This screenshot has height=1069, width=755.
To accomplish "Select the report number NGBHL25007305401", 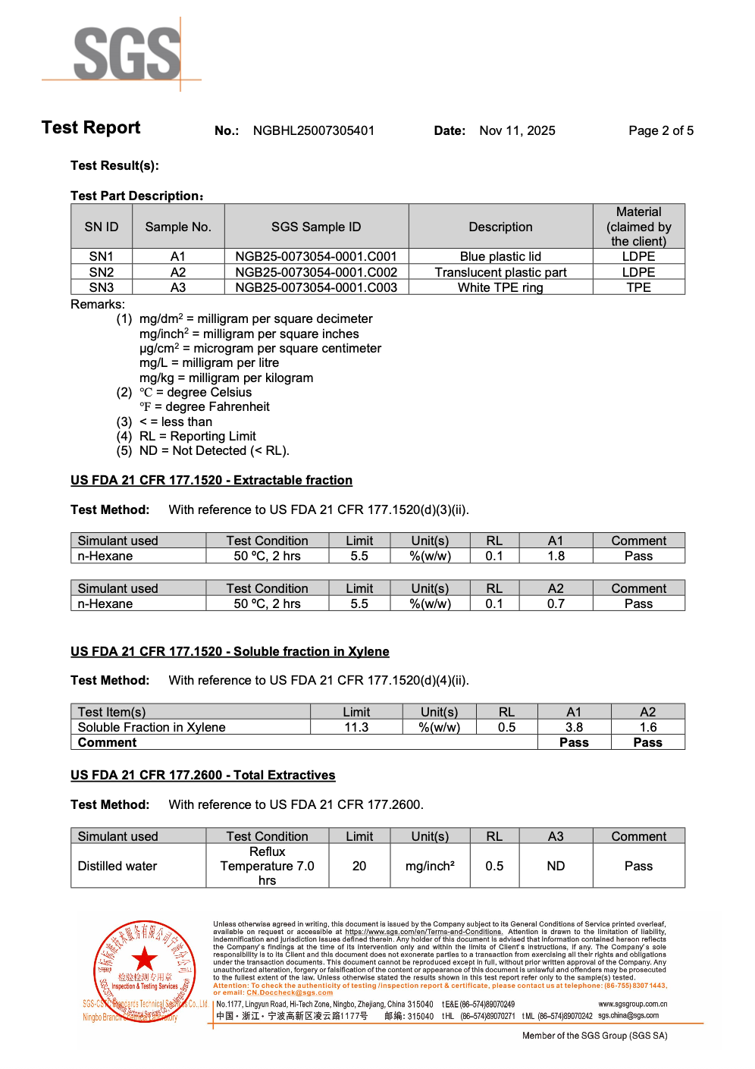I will (x=314, y=130).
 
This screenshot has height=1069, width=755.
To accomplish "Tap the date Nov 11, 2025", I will (x=517, y=130).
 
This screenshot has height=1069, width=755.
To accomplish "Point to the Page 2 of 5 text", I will (x=660, y=130).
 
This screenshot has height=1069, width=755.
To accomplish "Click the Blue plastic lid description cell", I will (x=500, y=256).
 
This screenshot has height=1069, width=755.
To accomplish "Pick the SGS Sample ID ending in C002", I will (x=316, y=272).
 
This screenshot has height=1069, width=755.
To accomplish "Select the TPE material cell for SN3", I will (x=638, y=287).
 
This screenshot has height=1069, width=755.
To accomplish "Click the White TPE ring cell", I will (x=500, y=287).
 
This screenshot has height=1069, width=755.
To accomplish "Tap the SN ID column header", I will (x=102, y=227).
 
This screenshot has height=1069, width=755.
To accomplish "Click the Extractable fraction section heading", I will (x=211, y=480).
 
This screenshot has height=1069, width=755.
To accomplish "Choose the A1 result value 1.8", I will (x=556, y=556).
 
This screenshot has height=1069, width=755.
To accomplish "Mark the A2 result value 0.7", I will (x=556, y=603).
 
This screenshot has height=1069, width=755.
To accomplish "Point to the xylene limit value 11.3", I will (x=356, y=727).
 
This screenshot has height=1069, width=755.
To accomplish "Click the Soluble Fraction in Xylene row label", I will (x=152, y=727).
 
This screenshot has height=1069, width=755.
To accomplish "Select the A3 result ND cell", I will (x=556, y=866).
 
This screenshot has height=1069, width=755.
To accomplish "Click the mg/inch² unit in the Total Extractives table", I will (x=430, y=866).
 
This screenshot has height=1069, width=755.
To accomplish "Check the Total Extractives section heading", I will (x=203, y=775).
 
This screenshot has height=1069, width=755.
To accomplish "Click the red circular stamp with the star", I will (x=145, y=970).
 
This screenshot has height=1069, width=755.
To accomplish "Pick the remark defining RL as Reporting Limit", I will (x=198, y=436).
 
